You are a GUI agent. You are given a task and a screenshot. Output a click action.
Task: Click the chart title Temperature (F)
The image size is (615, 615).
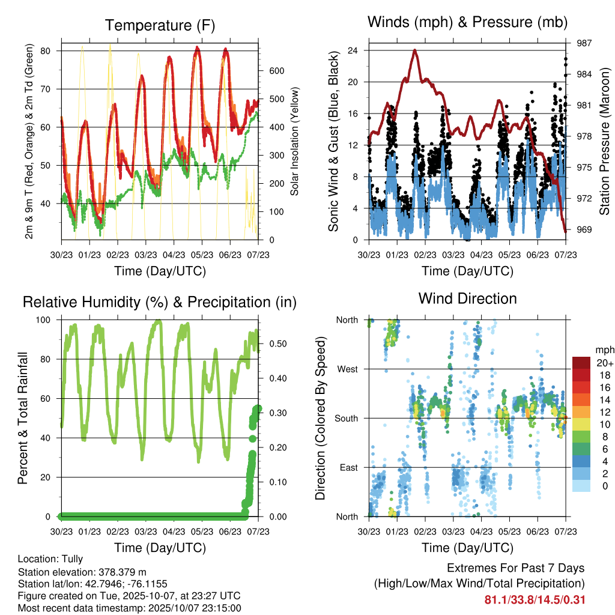click(x=160, y=25)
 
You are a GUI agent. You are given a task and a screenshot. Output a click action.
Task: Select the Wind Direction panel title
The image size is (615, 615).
click(x=467, y=298)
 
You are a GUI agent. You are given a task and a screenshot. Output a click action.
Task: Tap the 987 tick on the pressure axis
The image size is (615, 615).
click(x=585, y=43)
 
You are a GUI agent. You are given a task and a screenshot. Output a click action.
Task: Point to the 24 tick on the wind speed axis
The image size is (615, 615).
click(x=354, y=50)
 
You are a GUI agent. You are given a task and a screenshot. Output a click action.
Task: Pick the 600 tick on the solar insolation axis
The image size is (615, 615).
click(x=276, y=71)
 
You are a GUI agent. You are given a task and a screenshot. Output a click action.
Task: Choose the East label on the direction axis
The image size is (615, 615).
click(x=348, y=468)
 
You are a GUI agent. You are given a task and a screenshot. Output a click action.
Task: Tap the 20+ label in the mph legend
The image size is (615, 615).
click(x=604, y=363)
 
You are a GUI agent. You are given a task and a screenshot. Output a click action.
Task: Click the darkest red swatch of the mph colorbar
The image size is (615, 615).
click(x=582, y=363)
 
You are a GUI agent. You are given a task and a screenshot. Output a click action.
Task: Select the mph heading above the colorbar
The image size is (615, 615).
click(x=603, y=350)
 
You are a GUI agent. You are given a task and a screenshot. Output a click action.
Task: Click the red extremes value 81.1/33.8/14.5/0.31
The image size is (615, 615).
click(x=535, y=600)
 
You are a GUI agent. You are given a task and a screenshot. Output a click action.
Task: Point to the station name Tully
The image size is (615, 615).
click(x=71, y=559)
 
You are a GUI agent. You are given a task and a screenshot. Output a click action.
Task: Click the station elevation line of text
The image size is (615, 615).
click(x=82, y=572)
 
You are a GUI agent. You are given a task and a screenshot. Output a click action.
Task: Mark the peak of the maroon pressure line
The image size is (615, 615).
click(x=414, y=50)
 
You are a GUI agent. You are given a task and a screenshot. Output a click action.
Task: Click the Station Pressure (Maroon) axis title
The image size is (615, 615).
click(x=604, y=142)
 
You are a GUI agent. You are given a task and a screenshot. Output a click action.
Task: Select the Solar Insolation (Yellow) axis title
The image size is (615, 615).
click(x=295, y=142)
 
